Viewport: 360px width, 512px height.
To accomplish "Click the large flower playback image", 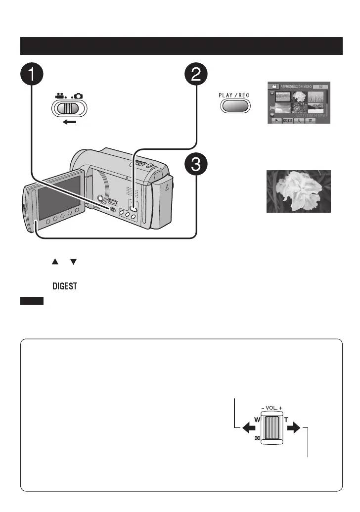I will click(x=298, y=191).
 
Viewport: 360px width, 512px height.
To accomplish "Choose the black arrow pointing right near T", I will click(x=296, y=429).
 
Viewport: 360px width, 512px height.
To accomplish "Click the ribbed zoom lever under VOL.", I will click(x=271, y=427).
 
